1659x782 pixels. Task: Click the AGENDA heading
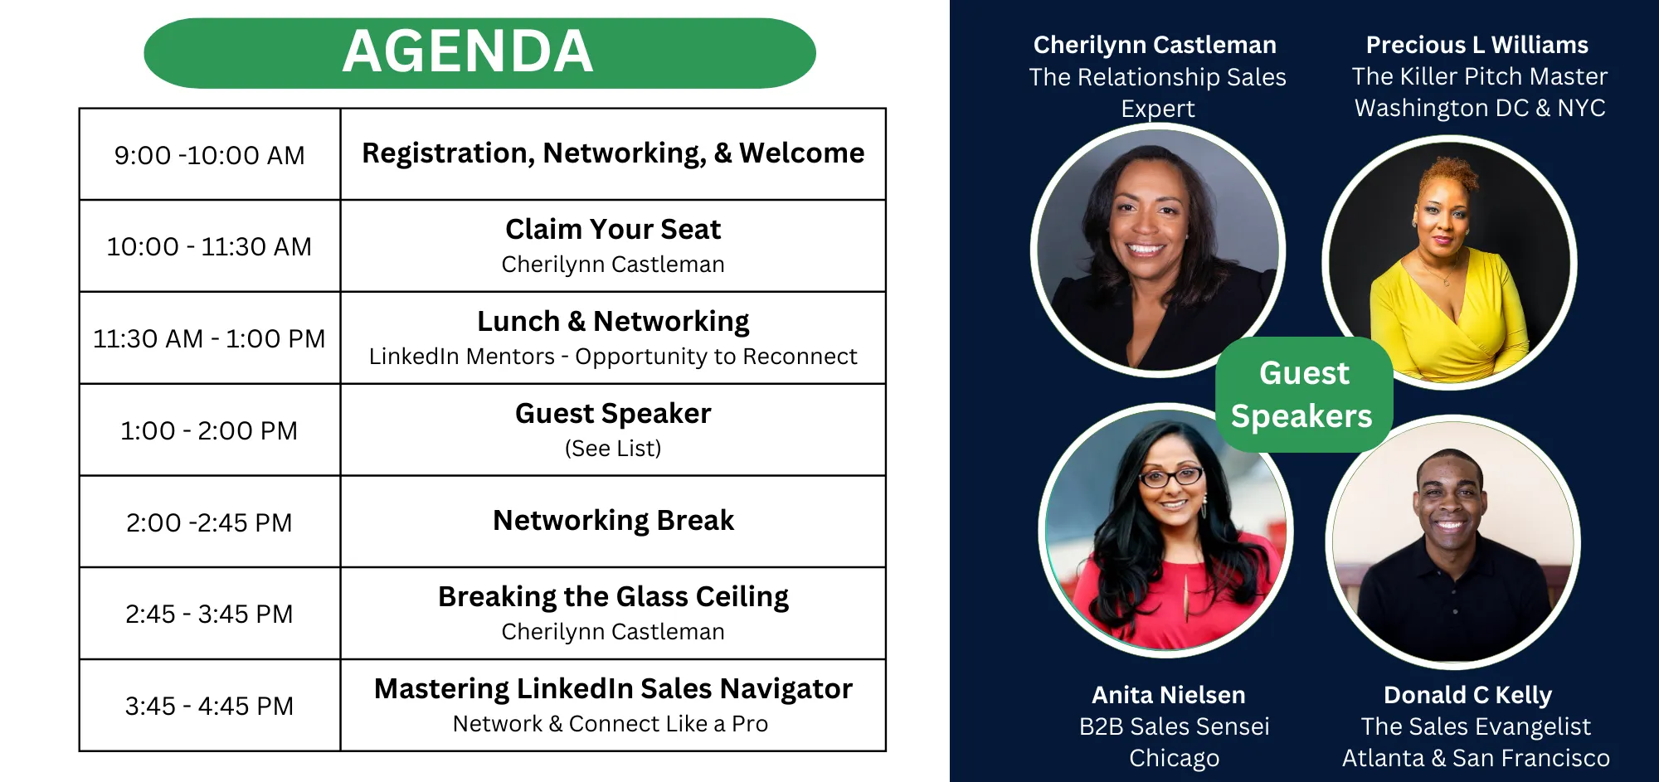[x=468, y=51]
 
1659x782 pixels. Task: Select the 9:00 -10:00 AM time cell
[x=210, y=155]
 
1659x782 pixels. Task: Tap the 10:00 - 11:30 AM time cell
[x=210, y=246]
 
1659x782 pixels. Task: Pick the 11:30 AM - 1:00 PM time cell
[x=210, y=338]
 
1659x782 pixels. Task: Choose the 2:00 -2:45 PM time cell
[x=210, y=522]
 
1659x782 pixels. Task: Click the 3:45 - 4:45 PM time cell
[x=210, y=706]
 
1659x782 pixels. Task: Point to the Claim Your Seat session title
[x=613, y=229]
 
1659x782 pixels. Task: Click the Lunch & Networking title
[x=613, y=321]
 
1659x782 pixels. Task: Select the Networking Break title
[x=613, y=520]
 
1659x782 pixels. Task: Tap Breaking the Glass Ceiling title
[x=613, y=596]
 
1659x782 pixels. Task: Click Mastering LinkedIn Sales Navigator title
[x=613, y=688]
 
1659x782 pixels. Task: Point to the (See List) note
[x=613, y=449]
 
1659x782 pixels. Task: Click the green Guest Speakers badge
[x=1303, y=395]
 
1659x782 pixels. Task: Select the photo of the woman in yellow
[x=1449, y=263]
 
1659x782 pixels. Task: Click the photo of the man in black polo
[x=1453, y=543]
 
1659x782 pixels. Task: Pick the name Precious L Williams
[x=1477, y=45]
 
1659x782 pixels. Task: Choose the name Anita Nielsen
[x=1169, y=695]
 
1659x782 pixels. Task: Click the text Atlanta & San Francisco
[x=1477, y=758]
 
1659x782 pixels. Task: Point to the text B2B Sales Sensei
[x=1175, y=726]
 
